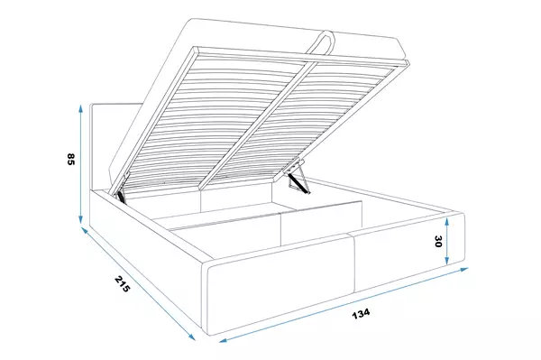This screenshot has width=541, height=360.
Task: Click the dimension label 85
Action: [70, 159]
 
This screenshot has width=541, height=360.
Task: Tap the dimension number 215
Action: [122, 283]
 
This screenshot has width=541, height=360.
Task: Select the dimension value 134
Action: [361, 313]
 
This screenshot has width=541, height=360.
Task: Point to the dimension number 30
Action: [438, 241]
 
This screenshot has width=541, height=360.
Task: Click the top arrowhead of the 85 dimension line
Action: [80, 108]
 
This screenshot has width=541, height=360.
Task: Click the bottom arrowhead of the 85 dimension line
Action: [80, 219]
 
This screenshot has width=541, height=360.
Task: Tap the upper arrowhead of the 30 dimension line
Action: [447, 222]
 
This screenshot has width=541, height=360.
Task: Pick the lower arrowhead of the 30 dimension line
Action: [447, 260]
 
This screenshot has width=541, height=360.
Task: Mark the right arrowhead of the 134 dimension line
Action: [463, 269]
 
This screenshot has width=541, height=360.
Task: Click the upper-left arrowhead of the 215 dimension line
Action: [85, 230]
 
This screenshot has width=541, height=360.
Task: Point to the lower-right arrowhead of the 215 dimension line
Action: [191, 337]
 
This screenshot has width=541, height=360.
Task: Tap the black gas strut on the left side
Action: [122, 196]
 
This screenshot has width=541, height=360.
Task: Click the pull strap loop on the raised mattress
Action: [323, 43]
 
